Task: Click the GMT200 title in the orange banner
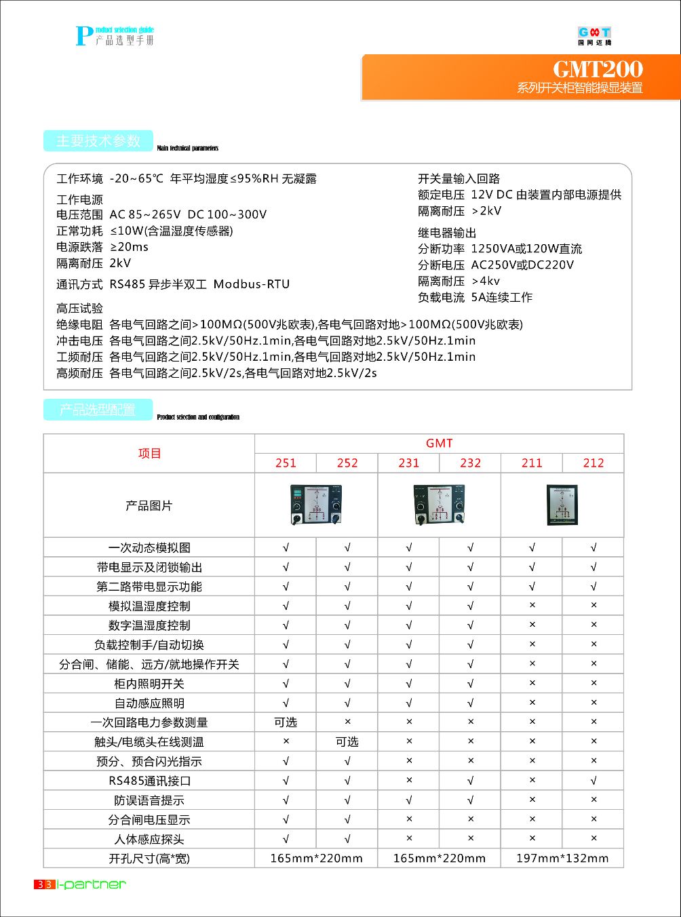598,69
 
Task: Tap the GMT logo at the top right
594,35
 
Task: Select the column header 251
286,463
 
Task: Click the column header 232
470,463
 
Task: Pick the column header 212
593,463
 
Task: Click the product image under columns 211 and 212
562,505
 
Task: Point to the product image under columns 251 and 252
316,505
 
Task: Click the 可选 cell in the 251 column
286,722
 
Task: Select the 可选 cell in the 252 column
347,742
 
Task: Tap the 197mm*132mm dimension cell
562,859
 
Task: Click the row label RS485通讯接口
149,781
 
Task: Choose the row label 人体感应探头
149,840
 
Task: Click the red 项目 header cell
149,454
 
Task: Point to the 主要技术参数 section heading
98,141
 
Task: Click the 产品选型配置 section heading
98,410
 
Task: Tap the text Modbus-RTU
252,284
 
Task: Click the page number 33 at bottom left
45,884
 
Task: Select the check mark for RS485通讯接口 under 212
594,781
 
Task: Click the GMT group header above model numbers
439,444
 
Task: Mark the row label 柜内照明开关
149,684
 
